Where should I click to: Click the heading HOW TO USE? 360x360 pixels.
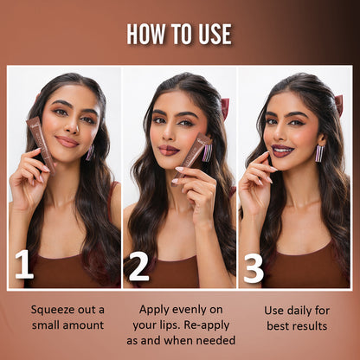(179, 34)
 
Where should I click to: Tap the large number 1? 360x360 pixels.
(24, 266)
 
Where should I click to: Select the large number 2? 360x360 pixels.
(138, 267)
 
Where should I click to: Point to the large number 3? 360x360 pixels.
(253, 267)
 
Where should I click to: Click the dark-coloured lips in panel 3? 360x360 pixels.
(283, 151)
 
